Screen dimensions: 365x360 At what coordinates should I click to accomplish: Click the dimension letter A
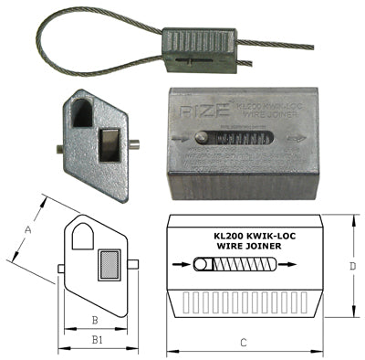(27, 231)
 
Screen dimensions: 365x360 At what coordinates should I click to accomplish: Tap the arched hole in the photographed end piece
(81, 112)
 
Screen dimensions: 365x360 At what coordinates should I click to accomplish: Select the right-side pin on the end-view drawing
(133, 266)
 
